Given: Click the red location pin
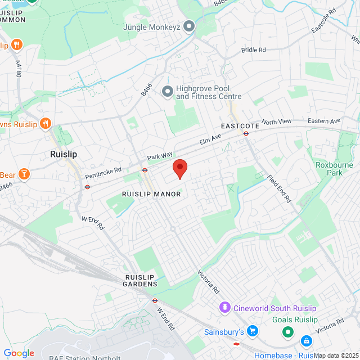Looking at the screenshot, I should (179, 168).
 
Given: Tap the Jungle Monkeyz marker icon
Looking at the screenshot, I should (189, 26).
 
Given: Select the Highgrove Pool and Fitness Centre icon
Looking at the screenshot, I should (167, 91).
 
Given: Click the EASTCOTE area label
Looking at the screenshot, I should (240, 126).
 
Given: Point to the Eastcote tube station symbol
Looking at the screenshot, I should (246, 133).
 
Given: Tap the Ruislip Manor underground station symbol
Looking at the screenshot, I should (145, 170).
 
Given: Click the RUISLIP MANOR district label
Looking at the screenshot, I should (151, 194).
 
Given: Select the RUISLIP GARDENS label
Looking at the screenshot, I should (140, 281).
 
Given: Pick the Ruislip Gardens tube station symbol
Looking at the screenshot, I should (155, 300).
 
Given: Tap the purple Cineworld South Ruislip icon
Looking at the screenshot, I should (225, 308).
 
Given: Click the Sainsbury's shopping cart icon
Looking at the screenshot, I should (253, 331).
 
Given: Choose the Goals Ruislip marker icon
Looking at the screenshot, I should (287, 332).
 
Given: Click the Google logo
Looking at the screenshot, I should (19, 353).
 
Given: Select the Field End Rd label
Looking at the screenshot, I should (279, 189).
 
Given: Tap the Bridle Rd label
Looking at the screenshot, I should (253, 50).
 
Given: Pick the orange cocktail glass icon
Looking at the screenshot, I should (24, 174).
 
